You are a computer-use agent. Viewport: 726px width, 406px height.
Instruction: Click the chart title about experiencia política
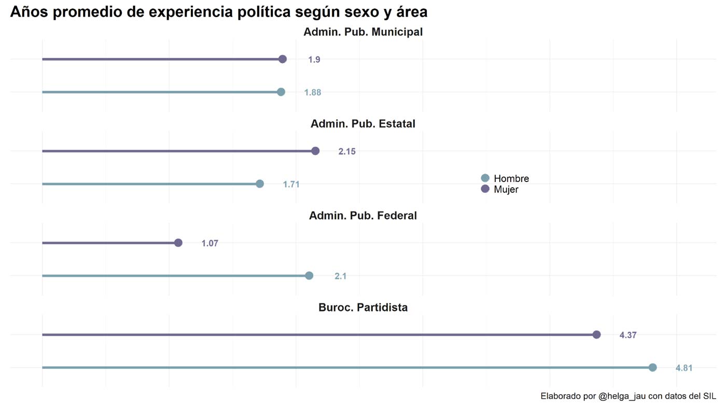click(x=218, y=12)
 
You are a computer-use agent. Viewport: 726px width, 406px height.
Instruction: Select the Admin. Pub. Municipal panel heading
click(x=363, y=32)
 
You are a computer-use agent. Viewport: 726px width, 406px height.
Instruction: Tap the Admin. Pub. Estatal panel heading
click(x=363, y=124)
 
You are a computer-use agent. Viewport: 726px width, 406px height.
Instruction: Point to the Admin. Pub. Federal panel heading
click(x=363, y=216)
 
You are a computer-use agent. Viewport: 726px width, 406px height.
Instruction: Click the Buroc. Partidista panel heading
click(x=363, y=307)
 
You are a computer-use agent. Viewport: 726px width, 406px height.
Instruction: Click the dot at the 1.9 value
click(x=283, y=59)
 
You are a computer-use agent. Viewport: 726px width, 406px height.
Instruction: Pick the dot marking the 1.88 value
click(x=281, y=92)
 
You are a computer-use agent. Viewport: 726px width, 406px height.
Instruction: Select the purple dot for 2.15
click(x=315, y=151)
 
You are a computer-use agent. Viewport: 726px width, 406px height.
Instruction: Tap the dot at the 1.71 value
click(x=260, y=184)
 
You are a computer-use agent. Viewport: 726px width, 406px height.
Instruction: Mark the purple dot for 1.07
click(x=178, y=243)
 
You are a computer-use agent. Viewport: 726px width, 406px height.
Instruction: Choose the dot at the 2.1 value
click(x=309, y=275)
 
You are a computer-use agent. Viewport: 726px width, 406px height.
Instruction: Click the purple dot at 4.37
click(x=596, y=334)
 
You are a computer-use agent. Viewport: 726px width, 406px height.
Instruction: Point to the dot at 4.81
click(x=652, y=367)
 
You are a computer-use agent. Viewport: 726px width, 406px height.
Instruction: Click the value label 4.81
click(x=683, y=368)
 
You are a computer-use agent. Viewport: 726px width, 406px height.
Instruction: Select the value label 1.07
click(x=210, y=243)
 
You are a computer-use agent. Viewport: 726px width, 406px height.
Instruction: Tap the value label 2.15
click(x=347, y=151)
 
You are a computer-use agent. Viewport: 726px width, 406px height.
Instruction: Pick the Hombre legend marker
click(x=485, y=178)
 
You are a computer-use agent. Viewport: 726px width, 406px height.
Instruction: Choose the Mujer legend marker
click(x=485, y=189)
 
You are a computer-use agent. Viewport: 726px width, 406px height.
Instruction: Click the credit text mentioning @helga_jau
click(x=627, y=396)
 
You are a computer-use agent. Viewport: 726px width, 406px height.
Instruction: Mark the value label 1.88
click(x=312, y=92)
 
